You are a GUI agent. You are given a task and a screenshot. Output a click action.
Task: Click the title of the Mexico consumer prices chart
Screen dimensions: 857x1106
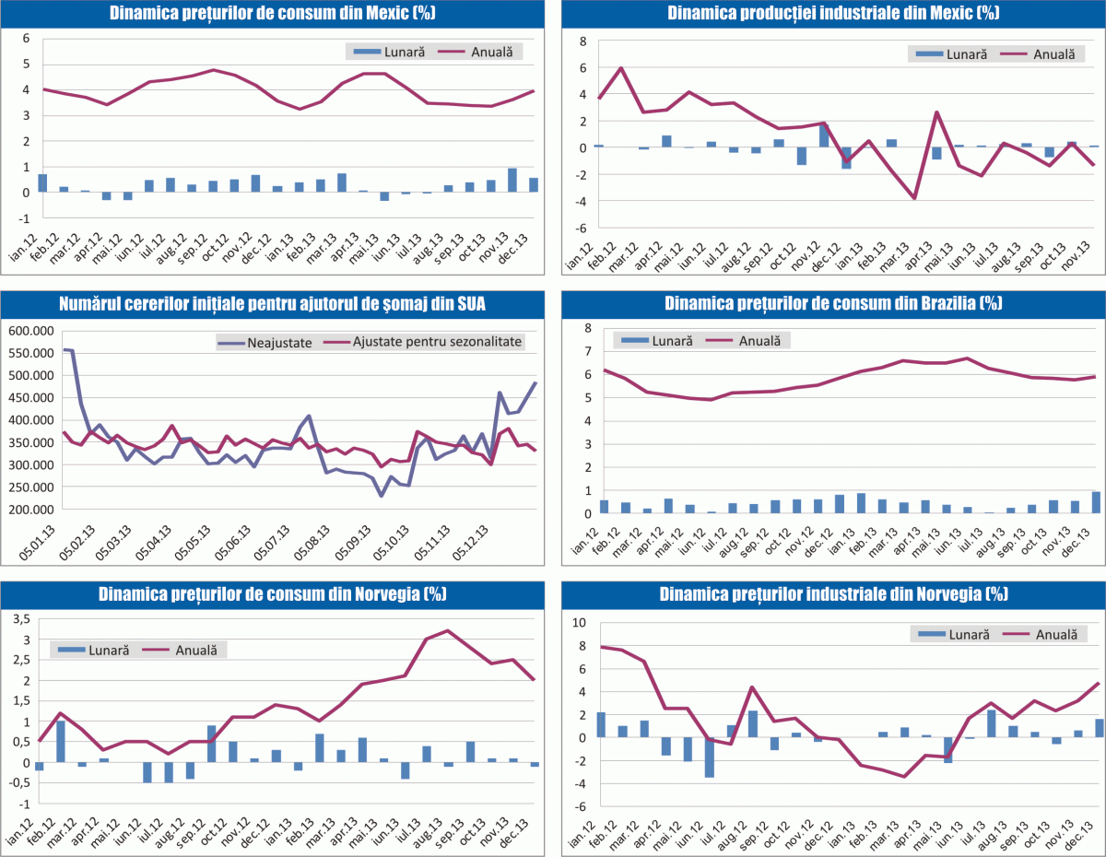(x=272, y=13)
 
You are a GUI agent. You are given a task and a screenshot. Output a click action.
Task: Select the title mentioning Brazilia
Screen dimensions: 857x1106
(x=833, y=303)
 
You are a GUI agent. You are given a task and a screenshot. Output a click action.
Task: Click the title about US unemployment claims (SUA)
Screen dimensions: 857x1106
(x=272, y=303)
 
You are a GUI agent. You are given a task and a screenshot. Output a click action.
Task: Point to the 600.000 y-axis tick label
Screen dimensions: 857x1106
(x=31, y=331)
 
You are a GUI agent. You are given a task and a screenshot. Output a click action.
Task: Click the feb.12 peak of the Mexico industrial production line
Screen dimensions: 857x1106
(x=621, y=68)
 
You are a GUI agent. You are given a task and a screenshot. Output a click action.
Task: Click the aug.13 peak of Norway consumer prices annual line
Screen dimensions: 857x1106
(x=448, y=631)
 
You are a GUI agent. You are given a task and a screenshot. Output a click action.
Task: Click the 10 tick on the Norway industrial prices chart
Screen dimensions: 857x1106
(x=579, y=623)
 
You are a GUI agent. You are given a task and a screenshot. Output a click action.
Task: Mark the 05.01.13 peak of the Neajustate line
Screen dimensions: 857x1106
(x=64, y=349)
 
